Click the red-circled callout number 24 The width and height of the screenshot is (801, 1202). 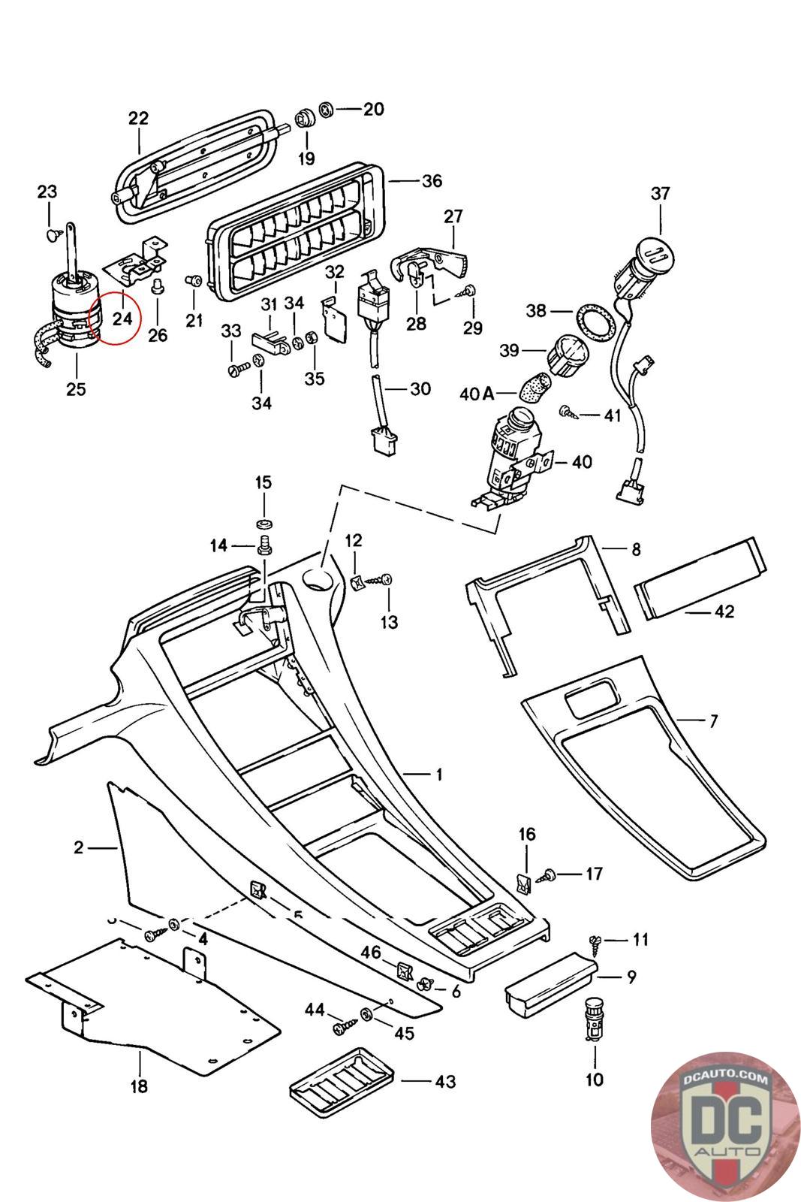pos(122,318)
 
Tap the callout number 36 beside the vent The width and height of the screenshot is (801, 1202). pos(432,181)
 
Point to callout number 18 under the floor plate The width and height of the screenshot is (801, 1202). pos(139,1086)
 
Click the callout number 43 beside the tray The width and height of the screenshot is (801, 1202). pos(445,1081)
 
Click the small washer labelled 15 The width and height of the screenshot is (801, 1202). pos(263,523)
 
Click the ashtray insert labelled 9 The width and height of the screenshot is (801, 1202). pos(550,981)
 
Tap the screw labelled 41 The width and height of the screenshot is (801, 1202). pos(568,412)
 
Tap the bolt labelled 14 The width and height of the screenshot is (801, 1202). pos(264,545)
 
